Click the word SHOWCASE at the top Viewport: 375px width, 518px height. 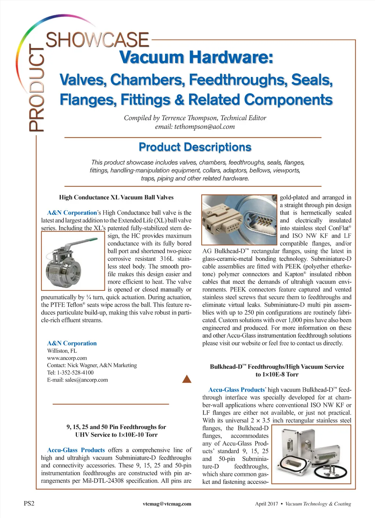pos(97,40)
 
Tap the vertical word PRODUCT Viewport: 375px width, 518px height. pos(37,88)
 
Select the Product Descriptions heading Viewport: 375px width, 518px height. pos(195,147)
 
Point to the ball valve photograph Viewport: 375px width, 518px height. pos(73,261)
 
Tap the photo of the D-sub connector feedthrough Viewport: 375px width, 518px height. pos(239,219)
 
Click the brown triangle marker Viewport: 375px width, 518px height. pos(187,379)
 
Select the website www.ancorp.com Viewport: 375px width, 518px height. pos(67,358)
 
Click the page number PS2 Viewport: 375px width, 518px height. pos(29,503)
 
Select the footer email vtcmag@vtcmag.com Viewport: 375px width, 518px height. pos(167,504)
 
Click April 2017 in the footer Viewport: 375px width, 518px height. pos(266,504)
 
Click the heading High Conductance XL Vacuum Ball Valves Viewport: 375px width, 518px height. pos(116,197)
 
